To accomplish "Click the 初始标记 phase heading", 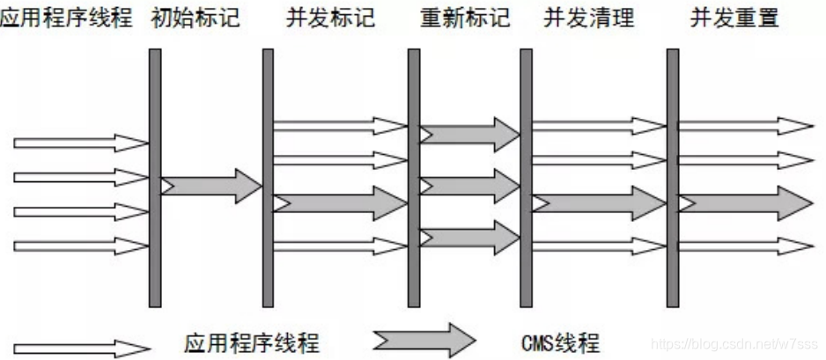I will point(195,18).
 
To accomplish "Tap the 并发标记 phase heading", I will point(330,18).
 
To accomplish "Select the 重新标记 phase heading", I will point(466,18).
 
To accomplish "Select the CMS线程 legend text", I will point(560,342).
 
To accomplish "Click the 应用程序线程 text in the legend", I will point(252,342).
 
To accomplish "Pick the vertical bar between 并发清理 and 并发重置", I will point(673,176).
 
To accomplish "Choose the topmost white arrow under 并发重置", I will point(745,126).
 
